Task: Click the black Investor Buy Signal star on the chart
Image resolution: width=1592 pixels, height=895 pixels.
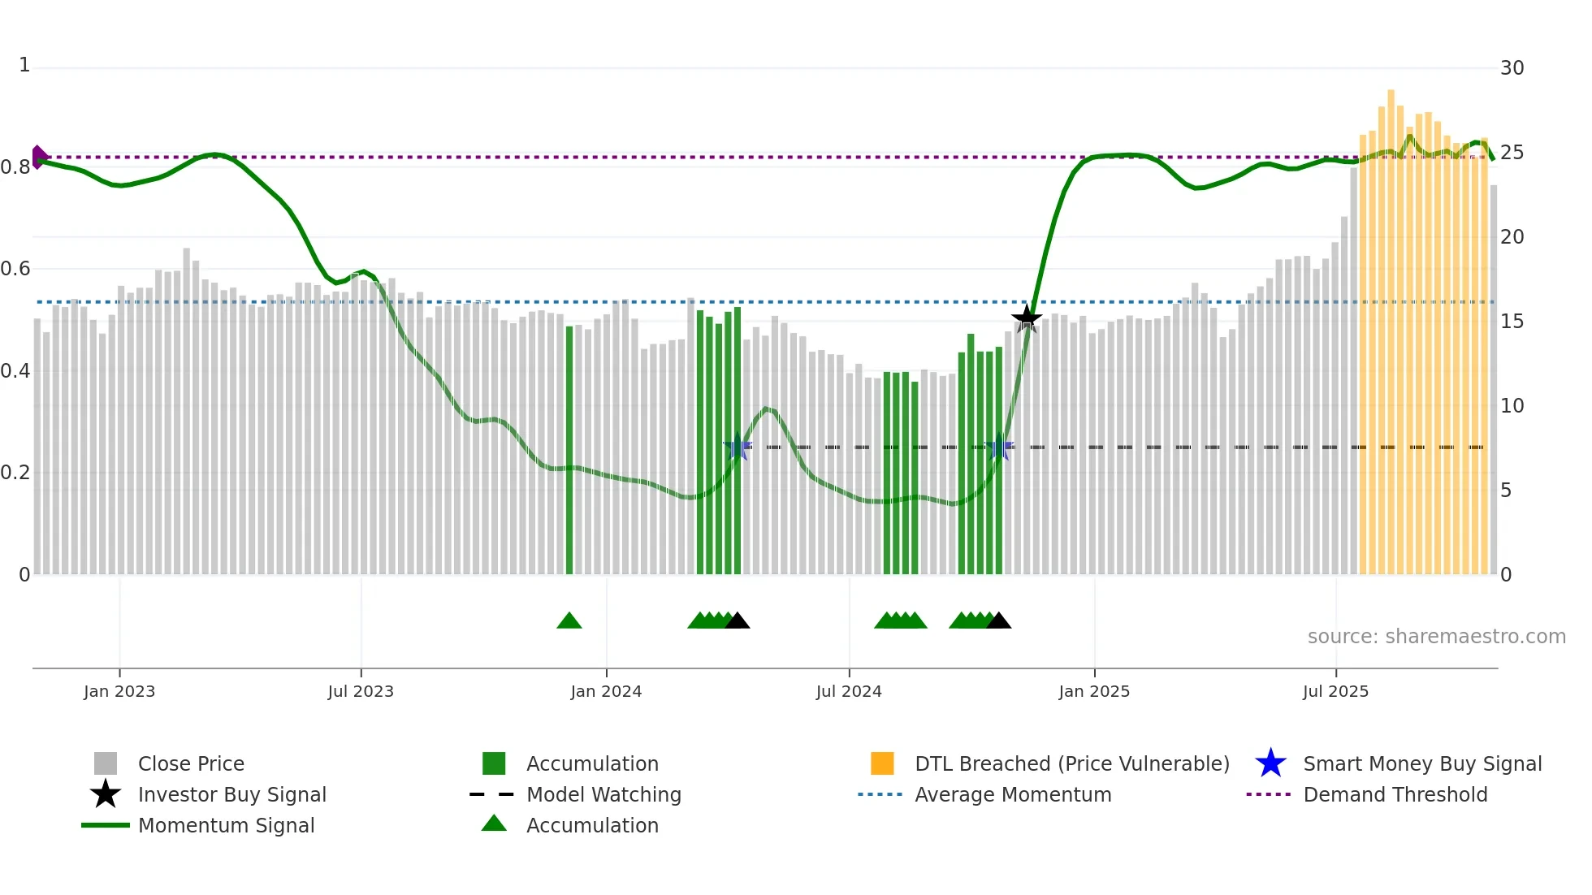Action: (1027, 318)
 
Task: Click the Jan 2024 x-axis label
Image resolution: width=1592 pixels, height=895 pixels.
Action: (606, 691)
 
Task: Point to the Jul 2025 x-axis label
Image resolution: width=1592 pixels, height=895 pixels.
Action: (1335, 691)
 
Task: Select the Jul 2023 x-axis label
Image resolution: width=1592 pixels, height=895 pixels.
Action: (361, 691)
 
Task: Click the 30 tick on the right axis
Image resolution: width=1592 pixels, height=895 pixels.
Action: (1512, 68)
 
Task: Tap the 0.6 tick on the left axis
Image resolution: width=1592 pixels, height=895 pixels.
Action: (15, 269)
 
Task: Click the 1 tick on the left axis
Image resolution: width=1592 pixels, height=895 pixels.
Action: (24, 65)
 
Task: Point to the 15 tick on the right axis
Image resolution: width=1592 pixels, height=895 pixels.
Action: (1512, 322)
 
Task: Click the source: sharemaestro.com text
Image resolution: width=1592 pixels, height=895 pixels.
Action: (1436, 637)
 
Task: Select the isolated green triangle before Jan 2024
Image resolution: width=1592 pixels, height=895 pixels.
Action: (569, 621)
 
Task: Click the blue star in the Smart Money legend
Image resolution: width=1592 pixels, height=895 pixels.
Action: (1270, 763)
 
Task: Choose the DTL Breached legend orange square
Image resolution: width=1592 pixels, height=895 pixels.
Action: (882, 763)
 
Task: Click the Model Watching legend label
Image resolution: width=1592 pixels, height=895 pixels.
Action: (603, 794)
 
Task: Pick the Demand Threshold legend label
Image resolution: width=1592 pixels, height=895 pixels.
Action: (1395, 794)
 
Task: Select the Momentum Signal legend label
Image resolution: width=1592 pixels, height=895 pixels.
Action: (226, 825)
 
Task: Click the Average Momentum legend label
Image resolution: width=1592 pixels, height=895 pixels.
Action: (1013, 794)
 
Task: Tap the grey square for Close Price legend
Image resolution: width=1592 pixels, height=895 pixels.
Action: (106, 763)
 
